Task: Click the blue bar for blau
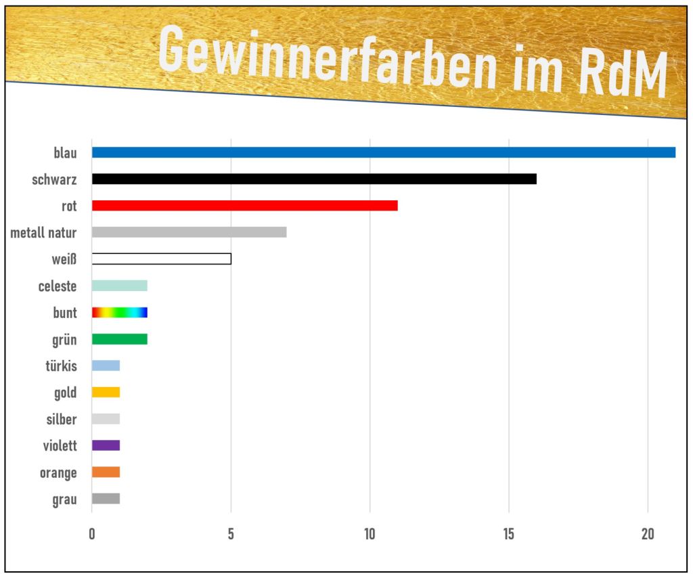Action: click(383, 152)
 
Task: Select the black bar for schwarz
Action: click(314, 179)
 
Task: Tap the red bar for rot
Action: click(244, 206)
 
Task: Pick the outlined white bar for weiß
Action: click(161, 259)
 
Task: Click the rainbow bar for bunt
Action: click(119, 313)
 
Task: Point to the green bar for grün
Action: click(119, 339)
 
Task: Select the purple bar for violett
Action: click(106, 445)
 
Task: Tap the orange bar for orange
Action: click(106, 472)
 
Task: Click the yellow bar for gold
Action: click(106, 393)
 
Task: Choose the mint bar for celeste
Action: click(119, 286)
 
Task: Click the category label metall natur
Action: click(43, 233)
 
